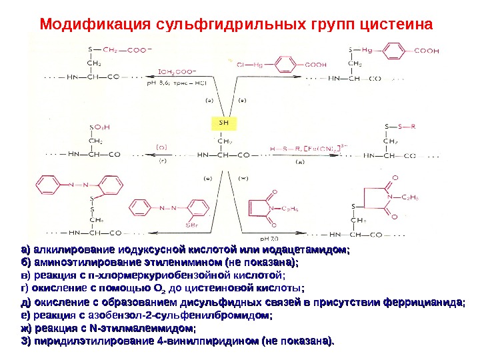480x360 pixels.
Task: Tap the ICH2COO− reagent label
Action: pos(177,69)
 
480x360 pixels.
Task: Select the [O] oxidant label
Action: pos(161,147)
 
